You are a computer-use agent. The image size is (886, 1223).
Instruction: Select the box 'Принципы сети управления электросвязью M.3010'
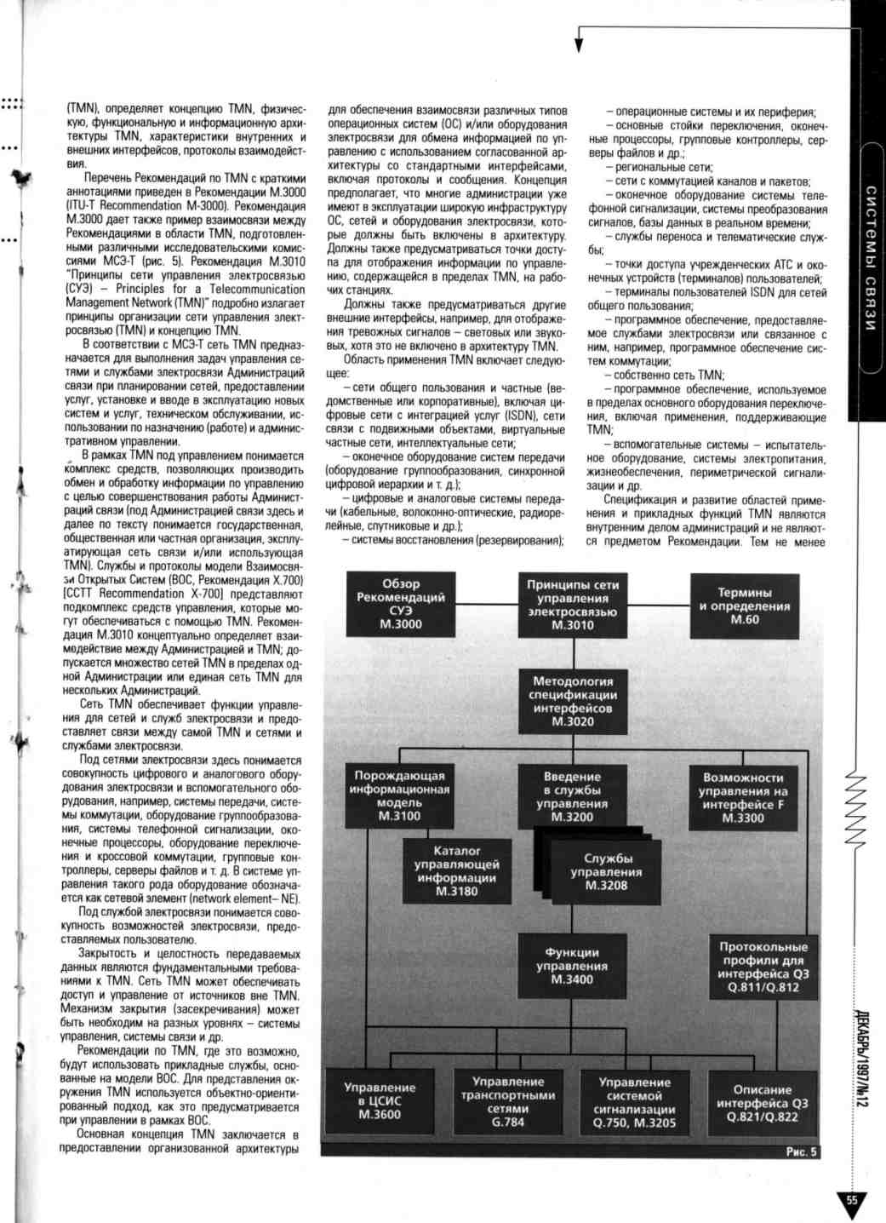pyautogui.click(x=572, y=605)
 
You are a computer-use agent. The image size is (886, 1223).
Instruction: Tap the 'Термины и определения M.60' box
pyautogui.click(x=744, y=606)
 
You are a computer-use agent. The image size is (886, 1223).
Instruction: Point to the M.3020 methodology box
pyautogui.click(x=572, y=701)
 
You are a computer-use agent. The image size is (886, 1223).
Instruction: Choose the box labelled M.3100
pyautogui.click(x=399, y=795)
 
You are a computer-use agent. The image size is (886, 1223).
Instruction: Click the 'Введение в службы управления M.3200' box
pyautogui.click(x=572, y=796)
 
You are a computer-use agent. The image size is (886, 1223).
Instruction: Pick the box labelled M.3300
pyautogui.click(x=743, y=797)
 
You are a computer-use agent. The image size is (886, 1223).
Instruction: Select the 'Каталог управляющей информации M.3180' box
pyautogui.click(x=456, y=870)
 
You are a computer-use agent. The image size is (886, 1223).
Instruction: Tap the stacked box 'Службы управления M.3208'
pyautogui.click(x=606, y=872)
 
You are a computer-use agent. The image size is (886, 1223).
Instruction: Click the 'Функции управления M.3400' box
pyautogui.click(x=572, y=966)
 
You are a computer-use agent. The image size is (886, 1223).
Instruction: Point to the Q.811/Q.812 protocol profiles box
pyautogui.click(x=763, y=967)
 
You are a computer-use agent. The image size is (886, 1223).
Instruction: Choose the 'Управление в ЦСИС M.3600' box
pyautogui.click(x=380, y=1100)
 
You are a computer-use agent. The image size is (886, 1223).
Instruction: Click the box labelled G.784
pyautogui.click(x=507, y=1101)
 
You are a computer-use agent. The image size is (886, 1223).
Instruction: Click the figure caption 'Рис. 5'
pyautogui.click(x=801, y=1151)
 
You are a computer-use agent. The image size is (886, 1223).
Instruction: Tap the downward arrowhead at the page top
pyautogui.click(x=579, y=45)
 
